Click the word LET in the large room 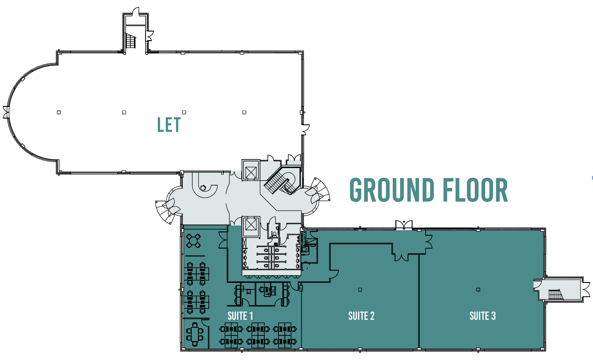169,125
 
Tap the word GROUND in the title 392,190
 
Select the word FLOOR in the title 475,190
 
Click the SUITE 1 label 240,316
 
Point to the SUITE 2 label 361,316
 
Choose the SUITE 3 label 482,316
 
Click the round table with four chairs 194,241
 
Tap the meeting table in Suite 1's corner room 195,334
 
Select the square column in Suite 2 360,290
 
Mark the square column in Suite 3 478,290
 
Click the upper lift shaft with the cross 251,173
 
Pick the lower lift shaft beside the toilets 250,225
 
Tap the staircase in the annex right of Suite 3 555,295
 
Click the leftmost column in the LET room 59,112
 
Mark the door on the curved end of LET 6,112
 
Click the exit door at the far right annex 586,289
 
